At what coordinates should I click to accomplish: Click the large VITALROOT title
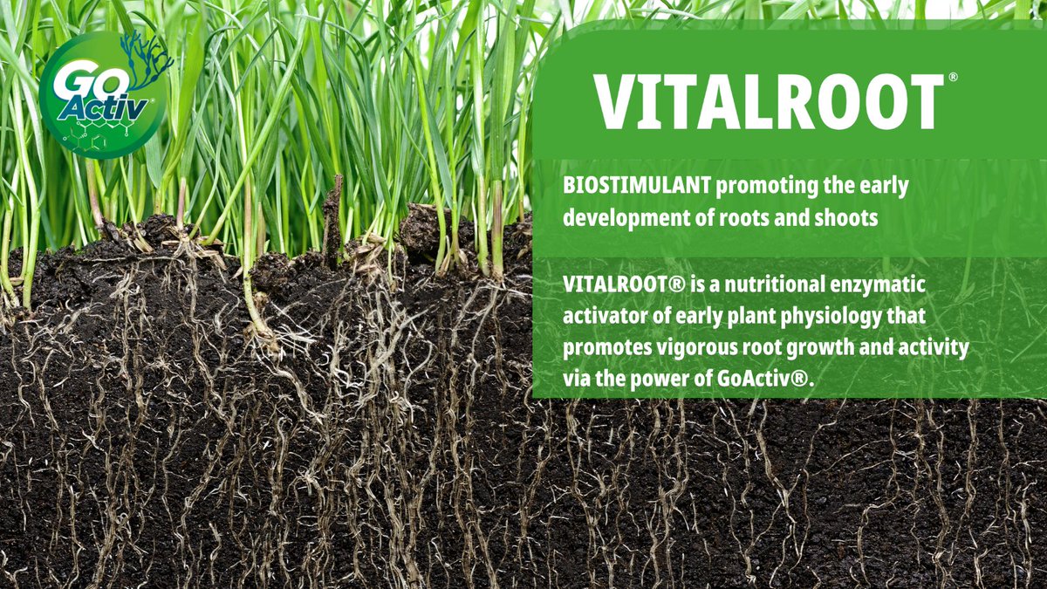tap(769, 101)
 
